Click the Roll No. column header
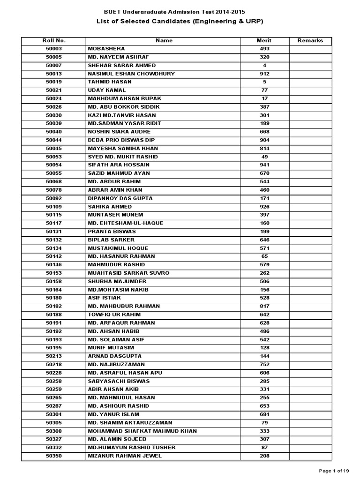coord(53,40)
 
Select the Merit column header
coord(264,40)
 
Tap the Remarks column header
coord(310,40)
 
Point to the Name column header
coord(164,40)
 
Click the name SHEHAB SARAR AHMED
coord(122,65)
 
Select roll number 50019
coord(53,82)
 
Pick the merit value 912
coord(264,74)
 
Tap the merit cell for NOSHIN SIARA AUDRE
coord(264,132)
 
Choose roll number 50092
coord(53,198)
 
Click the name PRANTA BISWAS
coord(112,232)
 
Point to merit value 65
coord(264,256)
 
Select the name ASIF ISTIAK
coord(104,298)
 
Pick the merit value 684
coord(264,414)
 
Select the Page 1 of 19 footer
coord(334,471)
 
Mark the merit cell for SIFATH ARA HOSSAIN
coord(264,165)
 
